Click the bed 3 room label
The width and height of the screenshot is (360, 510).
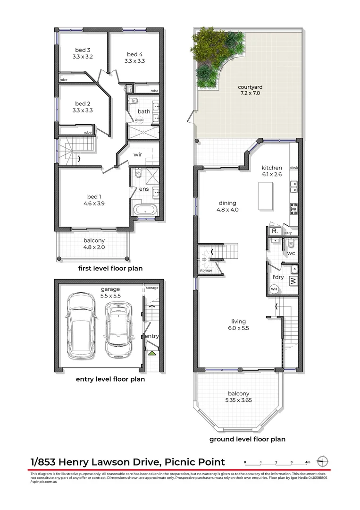click(x=82, y=50)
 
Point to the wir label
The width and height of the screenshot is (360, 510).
click(x=138, y=154)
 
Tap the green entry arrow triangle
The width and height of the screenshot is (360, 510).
click(x=152, y=353)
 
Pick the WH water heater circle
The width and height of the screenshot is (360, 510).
click(x=274, y=289)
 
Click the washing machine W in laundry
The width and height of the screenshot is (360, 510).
click(x=293, y=281)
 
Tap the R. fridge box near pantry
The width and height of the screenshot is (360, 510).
click(x=274, y=231)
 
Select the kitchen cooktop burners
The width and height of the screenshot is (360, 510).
click(x=293, y=207)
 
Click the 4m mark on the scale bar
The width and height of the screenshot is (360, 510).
click(x=307, y=462)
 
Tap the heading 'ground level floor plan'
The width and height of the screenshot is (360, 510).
click(x=247, y=439)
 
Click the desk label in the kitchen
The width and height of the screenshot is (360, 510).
click(x=293, y=168)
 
